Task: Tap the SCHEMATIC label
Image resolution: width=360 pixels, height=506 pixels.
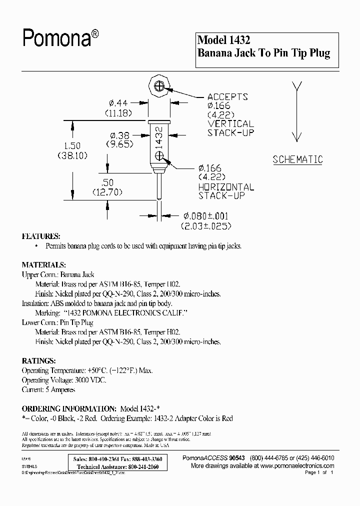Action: (297, 160)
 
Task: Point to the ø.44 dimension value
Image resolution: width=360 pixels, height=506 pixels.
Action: (119, 103)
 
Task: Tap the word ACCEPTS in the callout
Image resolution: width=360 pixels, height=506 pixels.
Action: (228, 96)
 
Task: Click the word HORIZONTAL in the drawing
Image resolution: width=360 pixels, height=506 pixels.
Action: (226, 187)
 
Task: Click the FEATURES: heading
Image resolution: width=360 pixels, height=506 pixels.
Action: (41, 236)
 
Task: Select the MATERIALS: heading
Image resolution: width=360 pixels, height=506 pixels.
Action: (43, 264)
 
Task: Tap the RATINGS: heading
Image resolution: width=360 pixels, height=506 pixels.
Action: (39, 360)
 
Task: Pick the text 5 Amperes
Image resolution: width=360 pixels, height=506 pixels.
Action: (61, 389)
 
